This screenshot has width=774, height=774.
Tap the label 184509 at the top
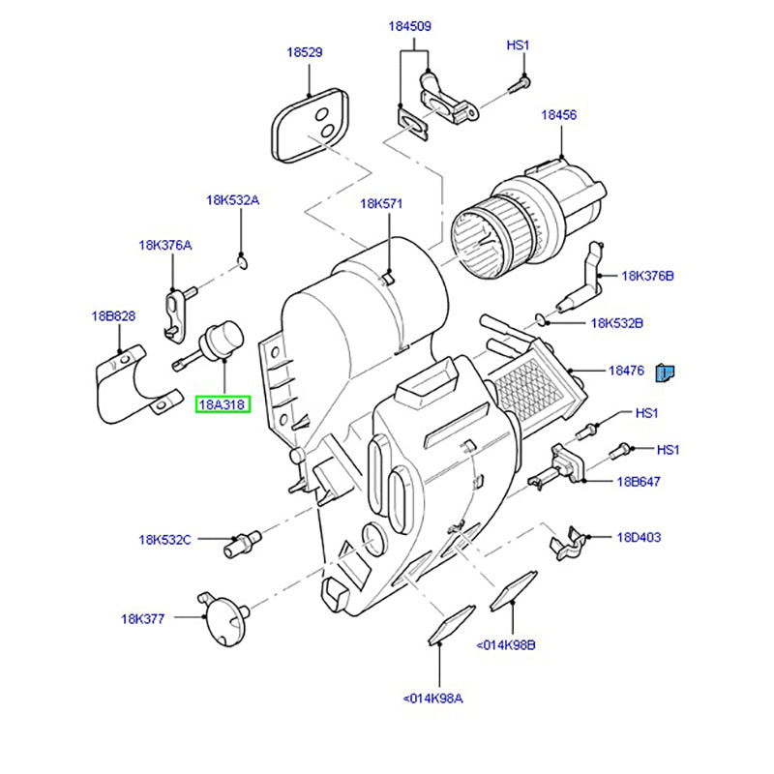[410, 26]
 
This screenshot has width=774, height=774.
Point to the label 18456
[558, 114]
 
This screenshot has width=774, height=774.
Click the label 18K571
[381, 203]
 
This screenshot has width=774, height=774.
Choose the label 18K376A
[164, 245]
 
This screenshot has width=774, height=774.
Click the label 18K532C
[164, 539]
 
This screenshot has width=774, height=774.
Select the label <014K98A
[432, 698]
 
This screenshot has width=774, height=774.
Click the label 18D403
[638, 537]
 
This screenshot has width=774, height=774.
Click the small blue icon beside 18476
[666, 371]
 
